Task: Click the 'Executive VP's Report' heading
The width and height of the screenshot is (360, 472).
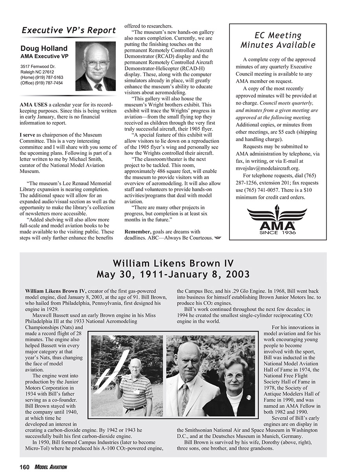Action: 68,30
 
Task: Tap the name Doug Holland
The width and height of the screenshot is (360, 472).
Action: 44,49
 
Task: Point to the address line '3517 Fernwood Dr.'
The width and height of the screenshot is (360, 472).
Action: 38,66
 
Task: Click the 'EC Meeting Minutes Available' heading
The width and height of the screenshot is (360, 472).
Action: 277,40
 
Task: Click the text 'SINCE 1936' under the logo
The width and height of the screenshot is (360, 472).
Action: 277,232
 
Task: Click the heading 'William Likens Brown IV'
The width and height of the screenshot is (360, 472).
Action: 173,263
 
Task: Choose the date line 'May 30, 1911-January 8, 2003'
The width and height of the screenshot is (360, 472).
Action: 173,274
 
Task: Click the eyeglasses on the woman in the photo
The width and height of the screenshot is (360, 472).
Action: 234,376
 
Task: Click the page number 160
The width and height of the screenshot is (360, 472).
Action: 25,467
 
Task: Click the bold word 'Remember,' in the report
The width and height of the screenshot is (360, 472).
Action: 137,232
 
